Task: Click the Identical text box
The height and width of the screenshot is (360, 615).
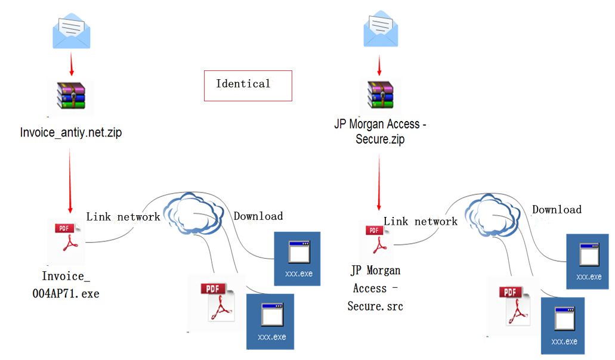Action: pyautogui.click(x=248, y=85)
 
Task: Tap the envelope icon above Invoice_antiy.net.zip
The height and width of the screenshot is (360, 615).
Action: pyautogui.click(x=72, y=32)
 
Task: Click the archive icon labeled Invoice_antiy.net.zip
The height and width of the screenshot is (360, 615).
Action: pyautogui.click(x=71, y=95)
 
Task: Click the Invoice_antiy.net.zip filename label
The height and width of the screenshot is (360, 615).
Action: pyautogui.click(x=70, y=132)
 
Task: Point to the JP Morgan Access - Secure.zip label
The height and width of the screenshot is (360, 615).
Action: pyautogui.click(x=380, y=132)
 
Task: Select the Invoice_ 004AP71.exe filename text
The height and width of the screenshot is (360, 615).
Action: pyautogui.click(x=70, y=284)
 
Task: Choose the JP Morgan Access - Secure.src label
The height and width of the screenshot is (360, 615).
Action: pyautogui.click(x=376, y=288)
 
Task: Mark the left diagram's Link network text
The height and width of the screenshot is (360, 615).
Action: pyautogui.click(x=123, y=216)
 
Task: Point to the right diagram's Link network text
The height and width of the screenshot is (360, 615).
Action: pyautogui.click(x=420, y=221)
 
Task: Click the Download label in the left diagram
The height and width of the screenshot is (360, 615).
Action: pyautogui.click(x=258, y=216)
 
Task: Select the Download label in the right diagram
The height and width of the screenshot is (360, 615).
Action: pyautogui.click(x=557, y=209)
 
